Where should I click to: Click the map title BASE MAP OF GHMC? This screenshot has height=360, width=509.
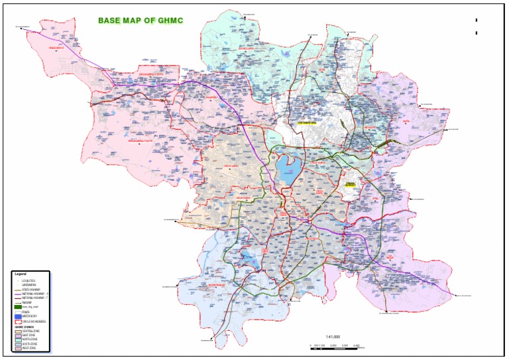coord(141,21)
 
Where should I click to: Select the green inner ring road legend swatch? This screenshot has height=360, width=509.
coord(17,308)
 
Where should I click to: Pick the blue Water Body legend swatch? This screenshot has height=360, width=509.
coord(17,316)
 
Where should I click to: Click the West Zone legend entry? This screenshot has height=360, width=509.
coord(27,347)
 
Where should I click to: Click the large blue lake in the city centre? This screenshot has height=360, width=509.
coord(287,169)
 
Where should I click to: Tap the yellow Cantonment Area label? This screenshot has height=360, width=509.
coord(308,123)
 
